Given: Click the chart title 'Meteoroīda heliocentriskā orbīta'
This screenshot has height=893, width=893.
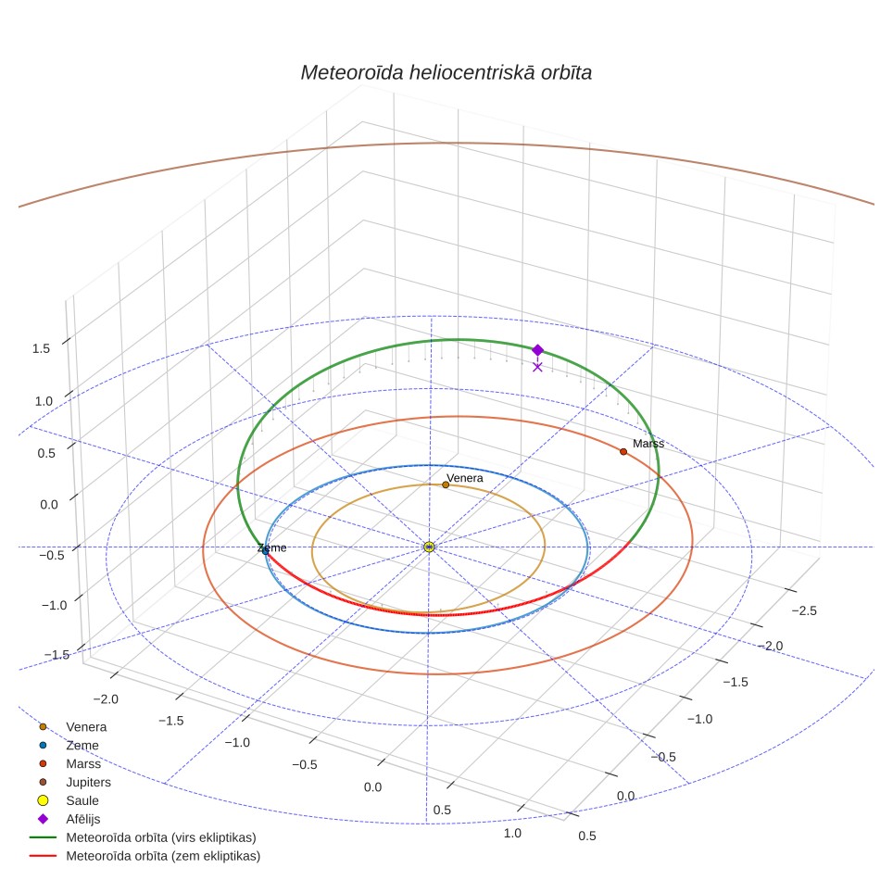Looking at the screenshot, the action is [446, 73].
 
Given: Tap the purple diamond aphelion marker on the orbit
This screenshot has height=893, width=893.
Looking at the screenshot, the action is [537, 349].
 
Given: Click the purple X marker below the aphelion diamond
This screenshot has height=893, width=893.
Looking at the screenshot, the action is [537, 368].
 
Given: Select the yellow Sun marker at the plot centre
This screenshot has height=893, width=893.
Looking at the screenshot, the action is [430, 547].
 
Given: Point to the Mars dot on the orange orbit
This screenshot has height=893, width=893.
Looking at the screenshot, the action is [623, 452].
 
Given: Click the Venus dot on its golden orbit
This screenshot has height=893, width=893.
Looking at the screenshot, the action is [446, 484].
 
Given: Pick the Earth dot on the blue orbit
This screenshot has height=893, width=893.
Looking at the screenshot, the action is [265, 551].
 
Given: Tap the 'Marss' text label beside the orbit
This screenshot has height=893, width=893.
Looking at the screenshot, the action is [648, 444].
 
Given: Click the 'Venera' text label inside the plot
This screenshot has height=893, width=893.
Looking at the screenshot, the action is [465, 478].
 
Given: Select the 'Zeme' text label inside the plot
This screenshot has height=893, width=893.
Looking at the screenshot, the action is [272, 547].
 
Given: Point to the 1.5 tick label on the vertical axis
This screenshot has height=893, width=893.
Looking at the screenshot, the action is [41, 348].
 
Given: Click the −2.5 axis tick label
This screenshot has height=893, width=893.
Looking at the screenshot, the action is [804, 611].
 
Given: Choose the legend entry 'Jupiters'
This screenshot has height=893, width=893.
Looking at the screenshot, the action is [88, 782].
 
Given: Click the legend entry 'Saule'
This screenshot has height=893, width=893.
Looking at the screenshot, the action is [82, 800].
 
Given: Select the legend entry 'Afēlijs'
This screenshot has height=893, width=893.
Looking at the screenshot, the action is [83, 819].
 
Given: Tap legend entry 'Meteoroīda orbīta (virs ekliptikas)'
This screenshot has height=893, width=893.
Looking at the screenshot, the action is [161, 837].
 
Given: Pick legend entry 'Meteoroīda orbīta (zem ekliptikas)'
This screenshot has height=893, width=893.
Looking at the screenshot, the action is [163, 856].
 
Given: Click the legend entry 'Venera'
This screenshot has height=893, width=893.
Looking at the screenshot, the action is [86, 726].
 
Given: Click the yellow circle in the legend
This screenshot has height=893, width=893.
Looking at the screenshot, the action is [43, 800].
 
